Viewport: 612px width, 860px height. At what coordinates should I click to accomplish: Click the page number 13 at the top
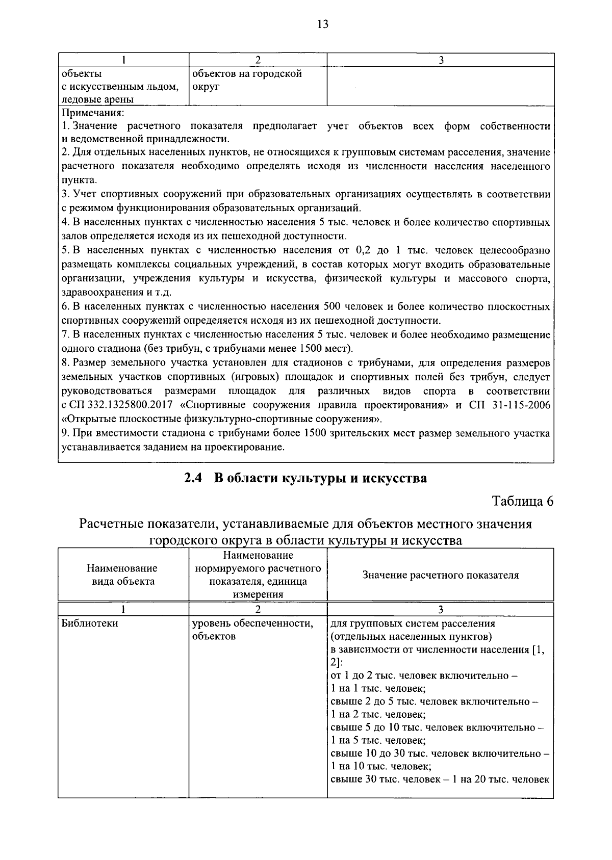322,24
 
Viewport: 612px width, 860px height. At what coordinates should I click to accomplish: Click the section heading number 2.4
194,479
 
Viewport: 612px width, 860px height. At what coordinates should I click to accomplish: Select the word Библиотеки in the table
90,623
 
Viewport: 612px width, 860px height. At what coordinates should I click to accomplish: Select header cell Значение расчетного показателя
440,575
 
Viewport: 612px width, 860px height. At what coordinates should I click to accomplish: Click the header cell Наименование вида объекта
122,575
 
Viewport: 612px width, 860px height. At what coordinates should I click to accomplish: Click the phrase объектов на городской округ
247,80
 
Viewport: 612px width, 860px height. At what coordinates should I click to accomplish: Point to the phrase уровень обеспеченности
252,623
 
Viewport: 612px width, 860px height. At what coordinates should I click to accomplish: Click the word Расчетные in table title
111,524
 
